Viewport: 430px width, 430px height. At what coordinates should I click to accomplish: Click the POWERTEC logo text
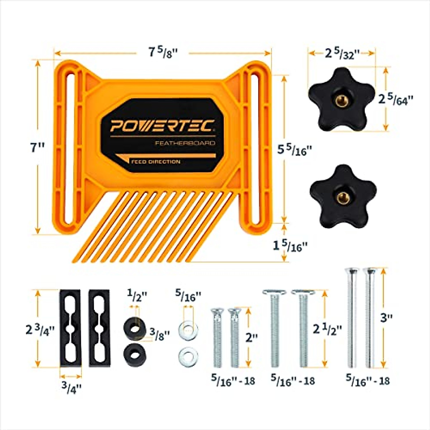162,126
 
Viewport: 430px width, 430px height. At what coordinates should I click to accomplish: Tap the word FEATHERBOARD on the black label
185,143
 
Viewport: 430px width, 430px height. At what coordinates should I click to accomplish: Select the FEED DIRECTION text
156,162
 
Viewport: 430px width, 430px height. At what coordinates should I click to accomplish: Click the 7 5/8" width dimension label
163,53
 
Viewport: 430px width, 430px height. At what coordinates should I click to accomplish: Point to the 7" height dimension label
37,147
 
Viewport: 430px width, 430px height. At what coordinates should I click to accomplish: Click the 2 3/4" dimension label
40,329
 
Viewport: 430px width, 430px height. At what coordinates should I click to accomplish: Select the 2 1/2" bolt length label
328,329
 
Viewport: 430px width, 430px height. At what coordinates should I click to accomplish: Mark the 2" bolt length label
252,337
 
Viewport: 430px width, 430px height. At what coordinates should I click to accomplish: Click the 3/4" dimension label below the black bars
71,388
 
